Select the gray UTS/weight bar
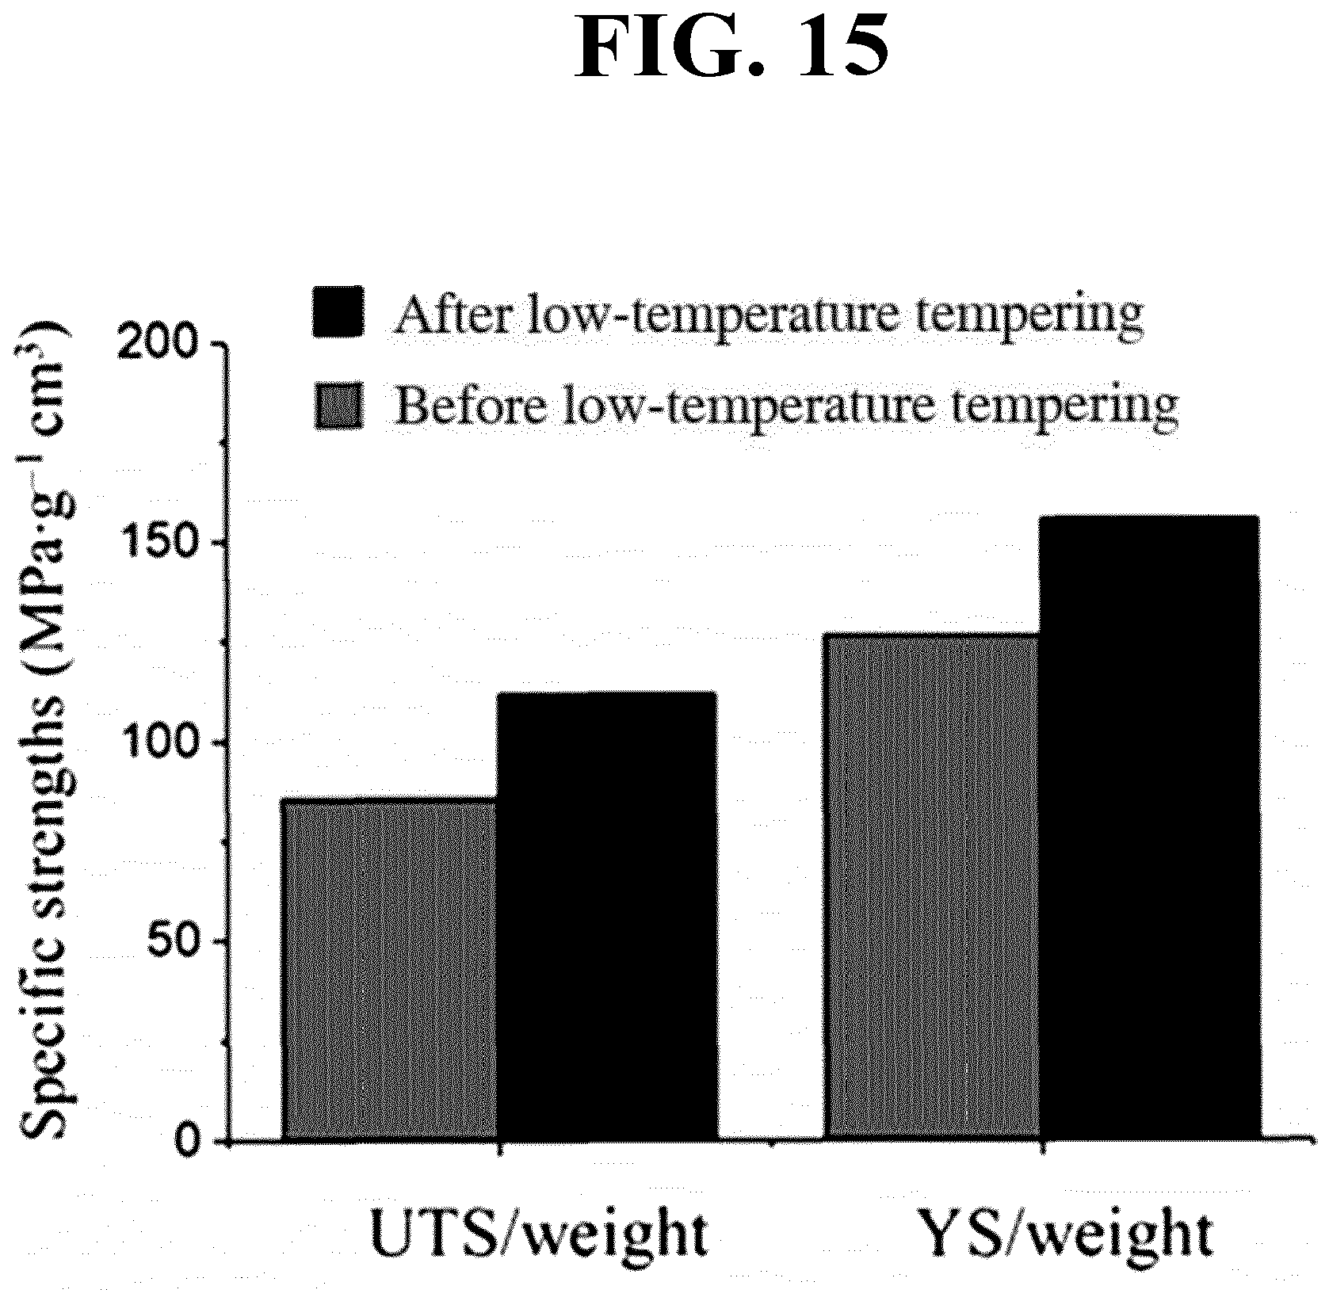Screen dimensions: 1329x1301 pos(390,969)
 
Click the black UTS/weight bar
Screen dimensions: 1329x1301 pos(607,917)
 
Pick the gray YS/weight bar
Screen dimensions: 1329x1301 pos(933,887)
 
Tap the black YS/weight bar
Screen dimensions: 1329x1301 pos(1149,829)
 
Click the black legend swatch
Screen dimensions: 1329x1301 pos(338,311)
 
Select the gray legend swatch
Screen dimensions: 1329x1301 pos(338,406)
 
